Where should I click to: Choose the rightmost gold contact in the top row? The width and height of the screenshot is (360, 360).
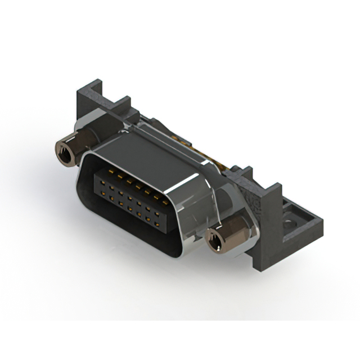(x=165, y=200)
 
